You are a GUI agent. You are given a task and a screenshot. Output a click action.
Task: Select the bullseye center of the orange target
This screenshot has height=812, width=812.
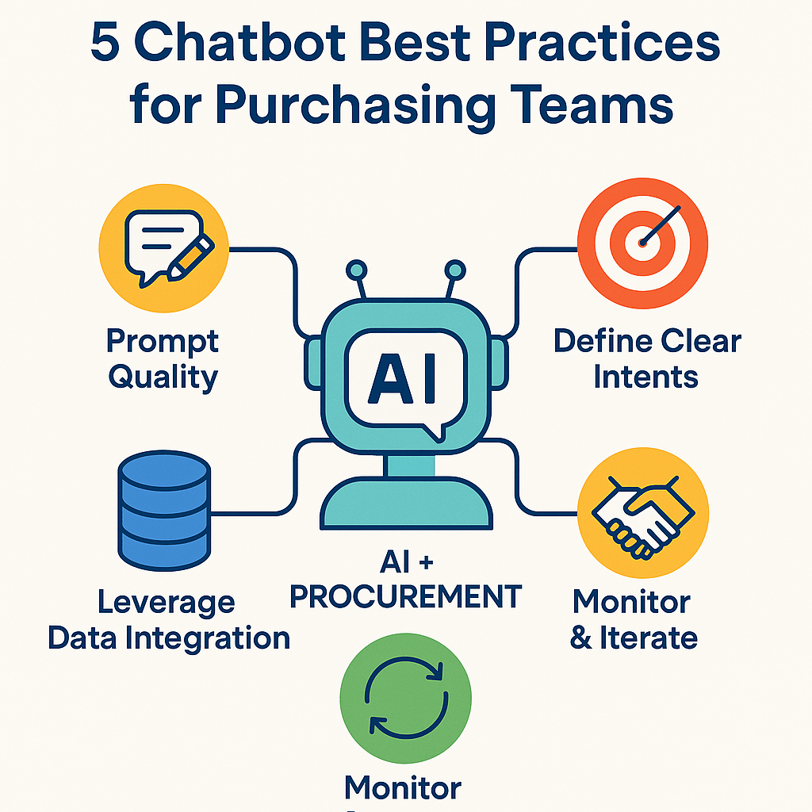point(642,241)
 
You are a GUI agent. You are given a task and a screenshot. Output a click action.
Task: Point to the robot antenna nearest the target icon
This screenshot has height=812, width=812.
point(454,270)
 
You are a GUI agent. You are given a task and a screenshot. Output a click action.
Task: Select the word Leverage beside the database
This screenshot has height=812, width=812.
point(167,603)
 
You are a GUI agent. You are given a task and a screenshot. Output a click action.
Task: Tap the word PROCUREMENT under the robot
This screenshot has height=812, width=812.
point(405,596)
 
